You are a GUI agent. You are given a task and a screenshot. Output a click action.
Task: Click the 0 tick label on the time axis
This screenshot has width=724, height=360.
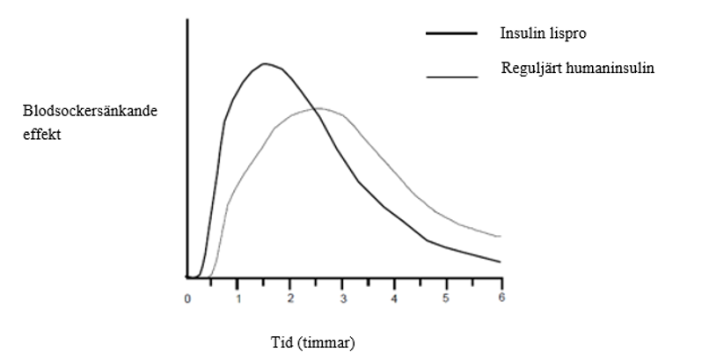[x=187, y=298]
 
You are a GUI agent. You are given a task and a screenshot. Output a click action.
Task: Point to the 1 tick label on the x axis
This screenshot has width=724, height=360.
[x=238, y=298]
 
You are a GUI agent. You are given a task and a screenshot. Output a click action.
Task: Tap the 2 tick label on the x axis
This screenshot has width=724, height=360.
[x=289, y=298]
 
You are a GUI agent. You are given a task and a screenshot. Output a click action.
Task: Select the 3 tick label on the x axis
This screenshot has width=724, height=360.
[x=342, y=298]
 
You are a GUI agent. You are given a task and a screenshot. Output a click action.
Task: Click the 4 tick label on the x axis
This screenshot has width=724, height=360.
[x=394, y=298]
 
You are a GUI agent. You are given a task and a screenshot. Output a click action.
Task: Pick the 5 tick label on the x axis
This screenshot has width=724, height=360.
[x=447, y=298]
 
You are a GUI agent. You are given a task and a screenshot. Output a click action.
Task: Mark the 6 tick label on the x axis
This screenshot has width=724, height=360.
[x=500, y=298]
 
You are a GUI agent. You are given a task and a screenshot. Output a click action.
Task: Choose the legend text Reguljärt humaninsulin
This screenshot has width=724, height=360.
[x=578, y=68]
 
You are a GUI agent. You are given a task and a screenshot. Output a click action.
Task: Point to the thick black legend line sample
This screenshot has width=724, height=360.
[x=451, y=33]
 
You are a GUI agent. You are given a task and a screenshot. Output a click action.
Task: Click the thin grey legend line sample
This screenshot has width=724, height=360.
[x=451, y=77]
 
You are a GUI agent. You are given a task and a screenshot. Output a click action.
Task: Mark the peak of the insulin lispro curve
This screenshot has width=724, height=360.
[x=264, y=63]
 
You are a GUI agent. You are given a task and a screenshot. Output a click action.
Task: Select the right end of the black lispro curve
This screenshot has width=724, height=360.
[x=500, y=261]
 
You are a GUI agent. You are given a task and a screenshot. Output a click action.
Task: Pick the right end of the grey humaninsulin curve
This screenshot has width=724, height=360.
[x=500, y=236]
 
